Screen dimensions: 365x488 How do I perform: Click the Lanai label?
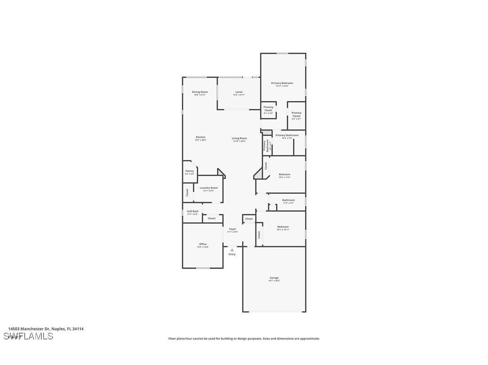tap(239, 92)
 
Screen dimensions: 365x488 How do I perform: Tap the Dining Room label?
tap(200, 92)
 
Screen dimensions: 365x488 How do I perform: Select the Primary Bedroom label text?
tap(282, 83)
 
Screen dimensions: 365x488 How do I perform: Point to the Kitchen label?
tap(200, 137)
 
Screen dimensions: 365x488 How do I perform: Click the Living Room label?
tap(239, 139)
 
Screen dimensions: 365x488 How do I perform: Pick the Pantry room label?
tap(190, 171)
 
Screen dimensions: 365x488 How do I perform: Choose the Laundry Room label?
tap(209, 188)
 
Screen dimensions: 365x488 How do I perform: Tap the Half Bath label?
tap(192, 211)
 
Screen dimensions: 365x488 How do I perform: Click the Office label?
tap(203, 244)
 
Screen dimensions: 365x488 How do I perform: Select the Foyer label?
tap(232, 229)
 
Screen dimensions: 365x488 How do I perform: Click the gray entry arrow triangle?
tap(232, 250)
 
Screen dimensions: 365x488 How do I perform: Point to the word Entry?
tap(232, 254)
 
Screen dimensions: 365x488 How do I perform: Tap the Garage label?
tap(274, 278)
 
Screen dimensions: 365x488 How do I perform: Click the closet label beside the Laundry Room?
tap(187, 192)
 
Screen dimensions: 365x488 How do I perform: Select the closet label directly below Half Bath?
tap(211, 218)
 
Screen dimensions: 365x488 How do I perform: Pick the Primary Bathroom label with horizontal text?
tap(287, 135)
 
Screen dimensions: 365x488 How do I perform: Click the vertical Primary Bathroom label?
tap(266, 146)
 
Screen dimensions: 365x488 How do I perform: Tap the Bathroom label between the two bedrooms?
tap(288, 200)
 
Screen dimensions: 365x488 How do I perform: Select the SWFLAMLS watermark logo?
tap(28, 336)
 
